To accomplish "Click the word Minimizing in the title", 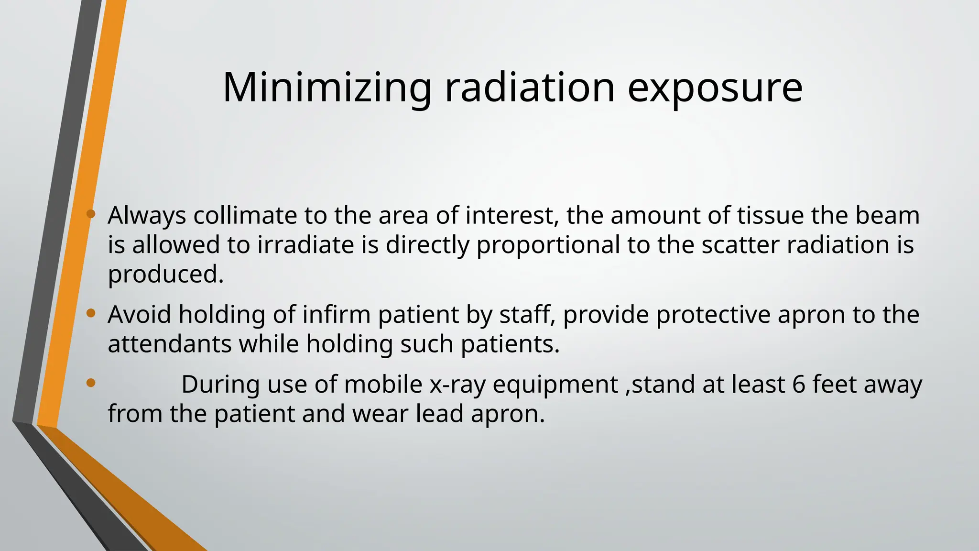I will [x=327, y=88].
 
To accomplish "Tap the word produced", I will [x=165, y=275].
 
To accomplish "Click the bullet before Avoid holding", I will [x=91, y=313].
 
